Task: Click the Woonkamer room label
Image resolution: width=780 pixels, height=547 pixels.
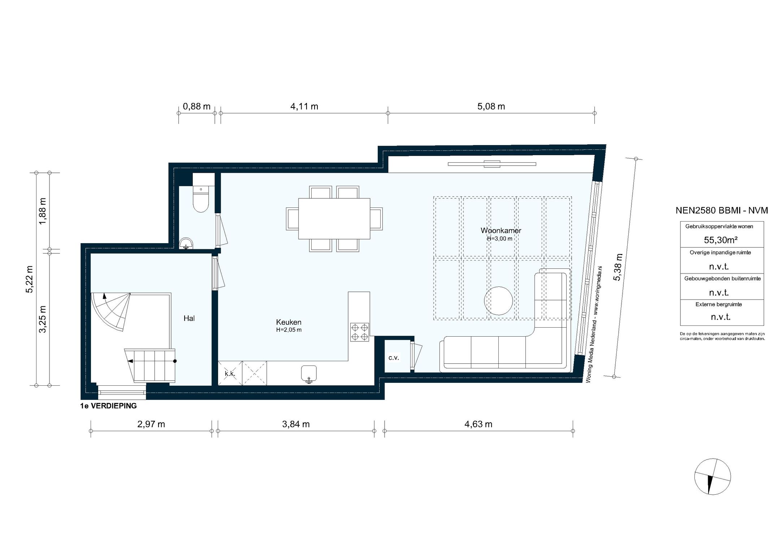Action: coord(500,231)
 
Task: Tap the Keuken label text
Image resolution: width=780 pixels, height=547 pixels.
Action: coord(289,322)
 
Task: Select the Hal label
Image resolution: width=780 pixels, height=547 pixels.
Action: coord(189,318)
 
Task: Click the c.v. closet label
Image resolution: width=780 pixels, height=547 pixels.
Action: coord(394,358)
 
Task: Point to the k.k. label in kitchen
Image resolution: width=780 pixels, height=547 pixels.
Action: coord(230,374)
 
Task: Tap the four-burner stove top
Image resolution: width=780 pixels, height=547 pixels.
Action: coord(360,332)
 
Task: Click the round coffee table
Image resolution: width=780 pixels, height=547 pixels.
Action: coord(498,301)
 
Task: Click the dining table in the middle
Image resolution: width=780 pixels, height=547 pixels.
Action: coord(334,219)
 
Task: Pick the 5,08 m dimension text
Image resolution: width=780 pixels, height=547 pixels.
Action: coord(491,106)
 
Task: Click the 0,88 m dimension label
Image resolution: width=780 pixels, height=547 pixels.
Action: coord(196,106)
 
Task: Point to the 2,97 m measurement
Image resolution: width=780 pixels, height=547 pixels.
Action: coord(151,424)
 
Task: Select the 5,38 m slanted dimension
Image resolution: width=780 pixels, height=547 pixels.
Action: coord(618,267)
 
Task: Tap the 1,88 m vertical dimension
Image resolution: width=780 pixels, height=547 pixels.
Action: coord(43,211)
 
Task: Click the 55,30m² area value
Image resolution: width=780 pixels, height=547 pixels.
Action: coord(720,240)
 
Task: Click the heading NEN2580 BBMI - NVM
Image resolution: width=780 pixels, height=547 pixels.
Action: coord(721,210)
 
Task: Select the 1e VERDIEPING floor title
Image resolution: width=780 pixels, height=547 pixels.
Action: coord(108,406)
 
